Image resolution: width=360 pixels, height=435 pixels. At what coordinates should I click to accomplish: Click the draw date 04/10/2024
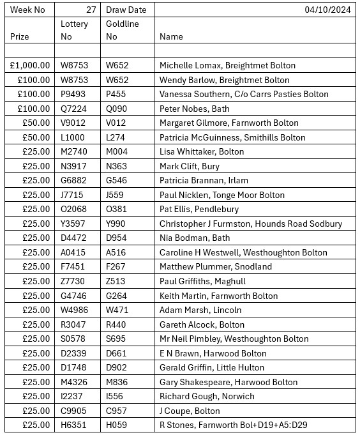pos(327,10)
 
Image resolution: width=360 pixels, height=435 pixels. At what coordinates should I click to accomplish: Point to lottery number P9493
pos(74,95)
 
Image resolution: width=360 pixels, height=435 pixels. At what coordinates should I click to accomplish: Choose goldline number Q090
pos(117,109)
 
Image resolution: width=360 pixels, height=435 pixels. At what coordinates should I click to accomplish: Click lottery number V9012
pos(74,123)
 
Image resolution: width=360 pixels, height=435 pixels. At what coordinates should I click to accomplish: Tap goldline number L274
pos(116,137)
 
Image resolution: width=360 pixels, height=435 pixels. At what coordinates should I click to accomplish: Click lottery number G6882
pos(74,181)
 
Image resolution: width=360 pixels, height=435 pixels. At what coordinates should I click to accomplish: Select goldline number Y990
pos(117,224)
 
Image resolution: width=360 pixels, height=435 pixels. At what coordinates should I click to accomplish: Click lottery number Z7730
pos(74,281)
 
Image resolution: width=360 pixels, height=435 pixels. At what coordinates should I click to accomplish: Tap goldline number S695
pos(117,339)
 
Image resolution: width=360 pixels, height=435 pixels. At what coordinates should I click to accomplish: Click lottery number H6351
pos(74,425)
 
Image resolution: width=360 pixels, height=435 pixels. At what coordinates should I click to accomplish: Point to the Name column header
pos(171,37)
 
